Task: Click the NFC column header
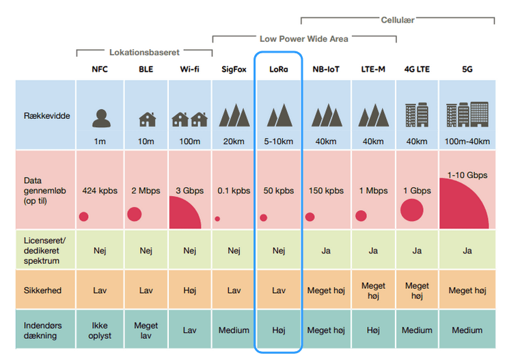[x=100, y=69]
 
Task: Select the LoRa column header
[x=277, y=69]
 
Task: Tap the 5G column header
[x=467, y=69]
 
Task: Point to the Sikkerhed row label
[x=42, y=290]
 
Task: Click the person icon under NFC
[x=100, y=118]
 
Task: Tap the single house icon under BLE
[x=146, y=119]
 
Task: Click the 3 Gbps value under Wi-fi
[x=190, y=191]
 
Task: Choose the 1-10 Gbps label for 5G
[x=467, y=176]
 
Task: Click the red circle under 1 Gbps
[x=411, y=210]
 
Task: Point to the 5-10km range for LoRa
[x=277, y=141]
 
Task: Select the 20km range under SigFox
[x=233, y=141]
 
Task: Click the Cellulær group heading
[x=397, y=20]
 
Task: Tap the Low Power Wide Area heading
[x=303, y=39]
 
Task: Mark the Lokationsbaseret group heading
[x=144, y=52]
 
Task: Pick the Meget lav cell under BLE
[x=146, y=330]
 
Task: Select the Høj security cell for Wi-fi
[x=190, y=290]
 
